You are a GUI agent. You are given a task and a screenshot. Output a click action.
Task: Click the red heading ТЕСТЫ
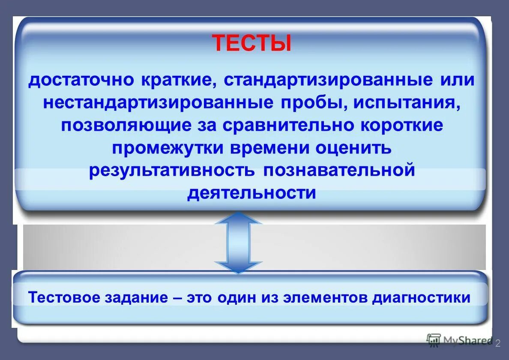(x=252, y=43)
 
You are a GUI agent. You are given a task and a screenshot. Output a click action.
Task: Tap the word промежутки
(x=168, y=148)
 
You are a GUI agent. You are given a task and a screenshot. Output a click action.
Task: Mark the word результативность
(x=172, y=170)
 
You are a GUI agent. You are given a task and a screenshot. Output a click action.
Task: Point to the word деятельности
(x=252, y=193)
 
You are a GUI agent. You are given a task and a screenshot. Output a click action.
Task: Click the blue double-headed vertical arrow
(x=238, y=242)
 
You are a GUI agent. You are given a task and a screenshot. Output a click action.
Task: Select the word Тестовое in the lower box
(x=64, y=297)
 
